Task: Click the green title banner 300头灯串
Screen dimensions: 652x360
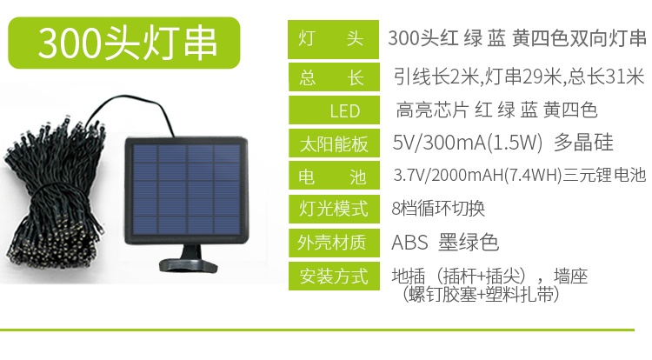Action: click(x=124, y=43)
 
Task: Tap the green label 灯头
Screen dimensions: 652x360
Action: click(x=333, y=39)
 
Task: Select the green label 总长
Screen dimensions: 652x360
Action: click(x=334, y=77)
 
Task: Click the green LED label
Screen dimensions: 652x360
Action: click(x=334, y=110)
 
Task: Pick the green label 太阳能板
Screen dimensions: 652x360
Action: click(x=334, y=143)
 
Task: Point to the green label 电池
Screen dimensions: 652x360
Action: click(x=334, y=176)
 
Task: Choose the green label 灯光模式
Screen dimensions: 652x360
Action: click(x=334, y=209)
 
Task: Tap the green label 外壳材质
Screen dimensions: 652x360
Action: click(x=334, y=243)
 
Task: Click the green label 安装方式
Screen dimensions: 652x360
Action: click(x=334, y=276)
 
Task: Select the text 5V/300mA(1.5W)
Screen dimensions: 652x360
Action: click(x=468, y=143)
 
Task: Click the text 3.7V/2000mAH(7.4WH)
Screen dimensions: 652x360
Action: click(x=478, y=176)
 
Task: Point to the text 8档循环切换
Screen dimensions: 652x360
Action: click(x=438, y=209)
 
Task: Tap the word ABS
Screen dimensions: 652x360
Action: click(x=409, y=243)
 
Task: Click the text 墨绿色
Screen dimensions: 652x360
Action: click(x=469, y=243)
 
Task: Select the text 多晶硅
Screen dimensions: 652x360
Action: click(x=583, y=143)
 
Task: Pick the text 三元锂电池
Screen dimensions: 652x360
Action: click(x=604, y=176)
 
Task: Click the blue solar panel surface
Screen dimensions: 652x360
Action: click(x=187, y=190)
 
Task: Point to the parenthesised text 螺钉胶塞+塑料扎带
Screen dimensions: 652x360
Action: click(x=480, y=295)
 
